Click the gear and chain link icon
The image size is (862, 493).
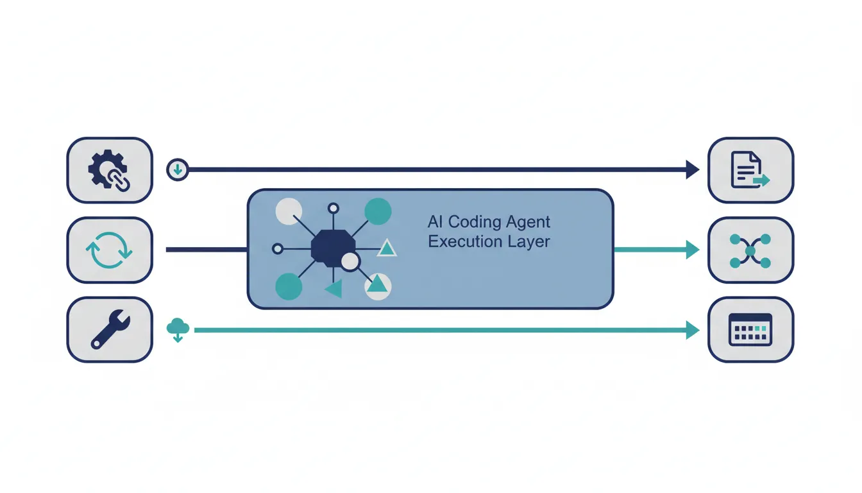[x=109, y=170]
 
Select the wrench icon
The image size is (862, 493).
[x=110, y=329]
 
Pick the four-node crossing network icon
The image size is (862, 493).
[x=750, y=251]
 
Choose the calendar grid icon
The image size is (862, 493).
[x=750, y=329]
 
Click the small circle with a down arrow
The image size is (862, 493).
[x=178, y=169]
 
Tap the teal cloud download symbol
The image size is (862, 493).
[x=178, y=330]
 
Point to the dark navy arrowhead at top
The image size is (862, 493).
[x=693, y=169]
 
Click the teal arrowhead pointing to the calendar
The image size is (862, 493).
[x=693, y=330]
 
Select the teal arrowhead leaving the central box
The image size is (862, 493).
[x=693, y=250]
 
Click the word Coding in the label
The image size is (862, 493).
[x=475, y=222]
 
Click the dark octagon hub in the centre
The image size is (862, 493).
[x=333, y=248]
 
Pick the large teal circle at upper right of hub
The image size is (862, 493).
[x=378, y=211]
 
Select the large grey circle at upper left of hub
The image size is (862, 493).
[x=289, y=211]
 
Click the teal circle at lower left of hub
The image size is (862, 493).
[x=289, y=286]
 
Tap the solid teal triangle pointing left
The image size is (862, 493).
[x=335, y=289]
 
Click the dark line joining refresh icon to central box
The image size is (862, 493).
[x=207, y=250]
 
